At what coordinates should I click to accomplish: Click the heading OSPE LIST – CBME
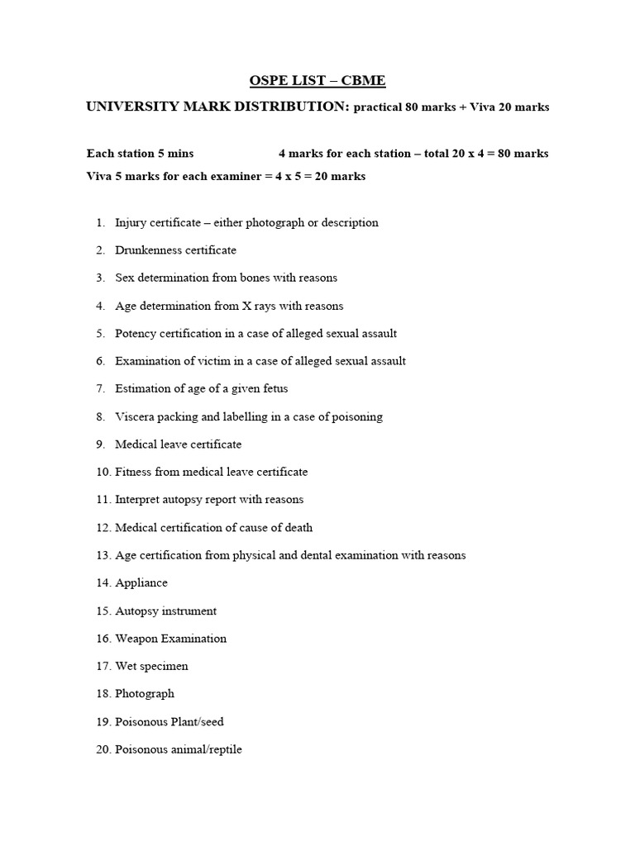click(317, 81)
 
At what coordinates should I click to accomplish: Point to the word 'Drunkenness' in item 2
click(146, 250)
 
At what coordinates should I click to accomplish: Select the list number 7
click(100, 389)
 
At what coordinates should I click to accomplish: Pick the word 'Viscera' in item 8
click(134, 417)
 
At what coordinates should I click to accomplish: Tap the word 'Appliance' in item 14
click(141, 583)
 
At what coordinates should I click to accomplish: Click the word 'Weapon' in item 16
click(136, 639)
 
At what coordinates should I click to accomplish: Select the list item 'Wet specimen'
click(151, 667)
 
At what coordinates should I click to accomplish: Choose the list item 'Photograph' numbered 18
click(145, 694)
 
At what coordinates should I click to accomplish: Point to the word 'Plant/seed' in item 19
click(197, 722)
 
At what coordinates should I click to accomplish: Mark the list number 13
click(103, 555)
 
